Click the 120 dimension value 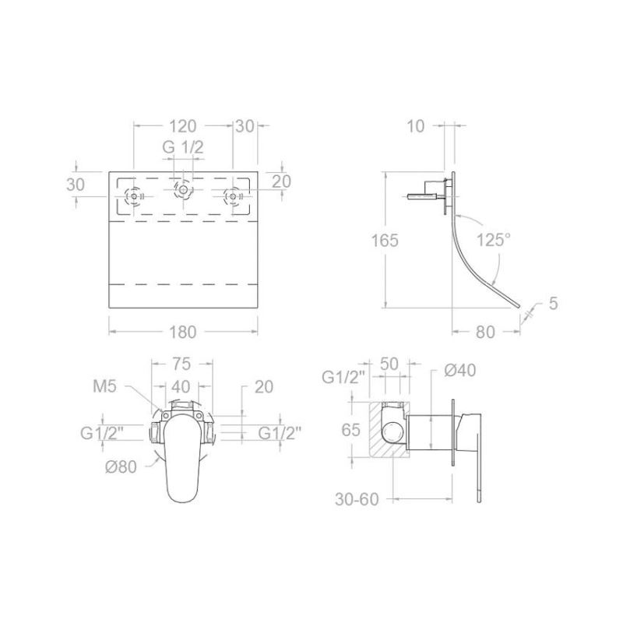(183, 126)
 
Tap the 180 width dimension (183, 333)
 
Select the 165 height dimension (385, 241)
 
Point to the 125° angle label (494, 240)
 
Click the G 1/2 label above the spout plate (183, 147)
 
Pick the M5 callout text (104, 385)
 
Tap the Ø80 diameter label (121, 466)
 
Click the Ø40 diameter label (460, 371)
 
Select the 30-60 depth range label (357, 499)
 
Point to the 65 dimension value (351, 430)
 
